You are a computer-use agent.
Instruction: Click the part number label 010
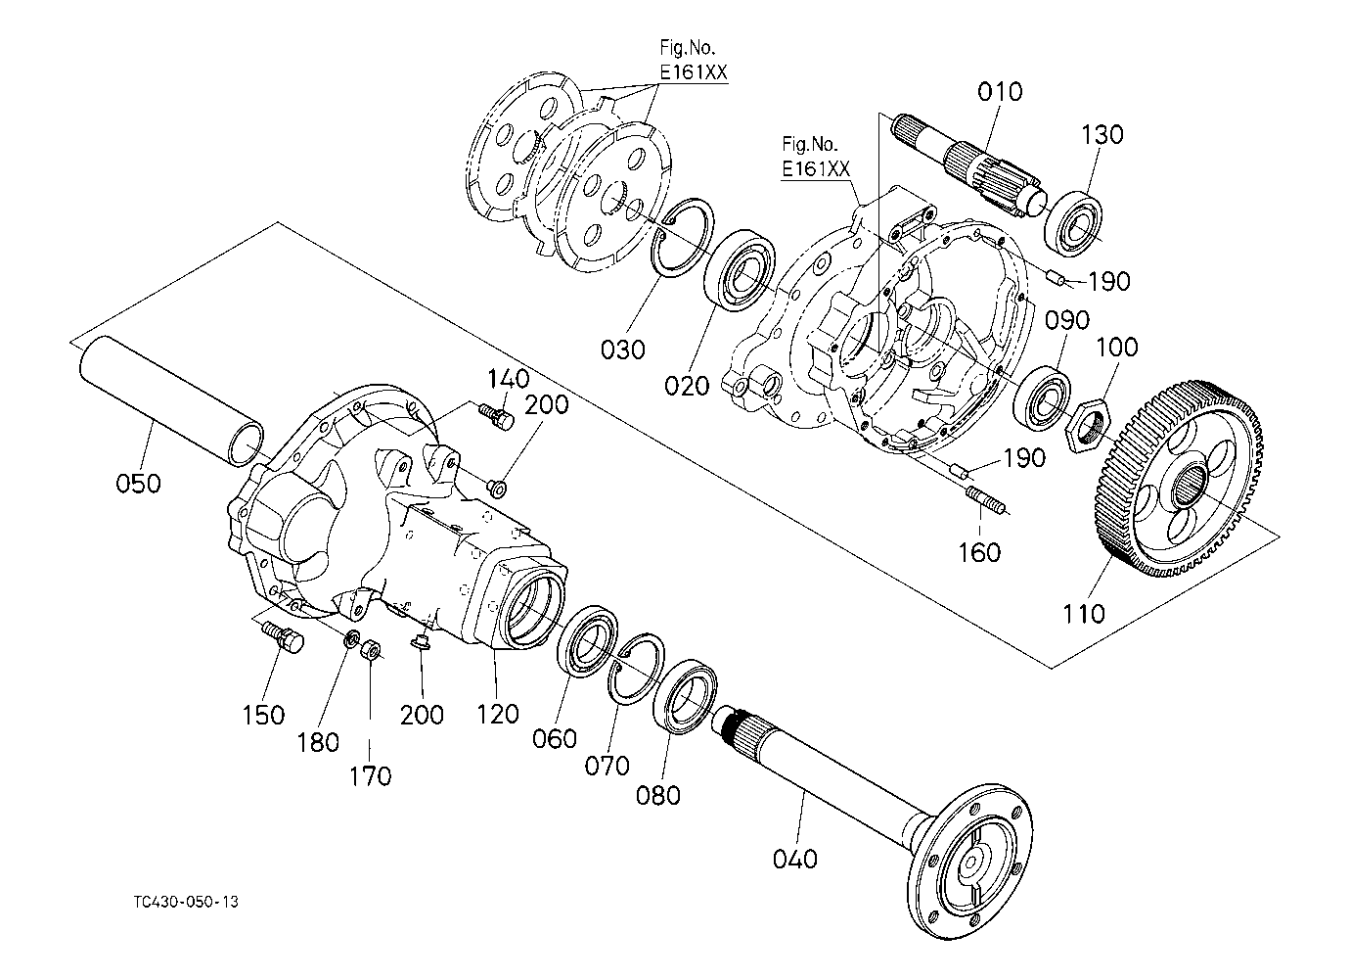pyautogui.click(x=999, y=92)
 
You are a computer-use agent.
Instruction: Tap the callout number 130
pyautogui.click(x=1102, y=135)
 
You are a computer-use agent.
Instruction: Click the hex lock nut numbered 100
pyautogui.click(x=1088, y=424)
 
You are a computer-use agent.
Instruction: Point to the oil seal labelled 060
pyautogui.click(x=589, y=642)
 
